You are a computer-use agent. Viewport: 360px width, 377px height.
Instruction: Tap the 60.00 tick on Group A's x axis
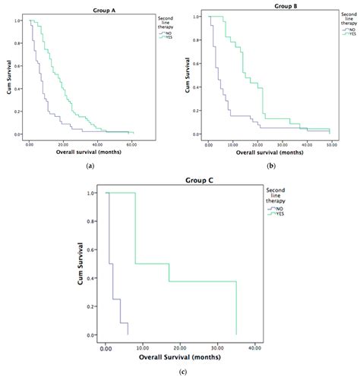click(131, 143)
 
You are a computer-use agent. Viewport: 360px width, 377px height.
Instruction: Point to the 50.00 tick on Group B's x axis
click(331, 143)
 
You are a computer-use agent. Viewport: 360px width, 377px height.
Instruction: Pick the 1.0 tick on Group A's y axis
click(17, 20)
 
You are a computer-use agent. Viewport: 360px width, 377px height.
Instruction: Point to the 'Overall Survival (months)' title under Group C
click(180, 358)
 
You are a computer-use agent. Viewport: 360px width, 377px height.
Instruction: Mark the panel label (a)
click(90, 165)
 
